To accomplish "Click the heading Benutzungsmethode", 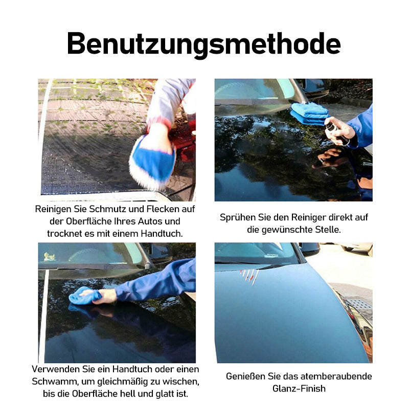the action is pos(203,44).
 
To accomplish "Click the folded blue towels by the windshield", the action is pos(310,113).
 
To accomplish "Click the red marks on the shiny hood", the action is pos(249,277).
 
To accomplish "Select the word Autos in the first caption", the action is pos(150,221).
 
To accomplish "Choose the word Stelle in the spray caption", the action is pos(328,230).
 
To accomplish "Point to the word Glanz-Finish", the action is pos(299,389).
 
